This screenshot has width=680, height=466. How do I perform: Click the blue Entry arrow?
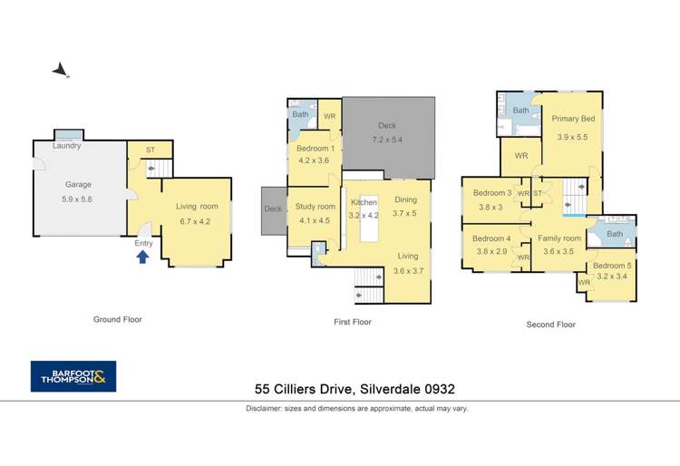tap(142, 257)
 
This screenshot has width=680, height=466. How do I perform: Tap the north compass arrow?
tap(60, 70)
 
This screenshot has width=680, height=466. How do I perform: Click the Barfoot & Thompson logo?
tap(73, 376)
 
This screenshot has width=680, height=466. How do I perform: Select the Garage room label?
tap(79, 184)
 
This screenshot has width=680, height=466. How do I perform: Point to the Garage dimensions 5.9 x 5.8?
tap(77, 199)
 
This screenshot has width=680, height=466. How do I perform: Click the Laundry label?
tap(67, 146)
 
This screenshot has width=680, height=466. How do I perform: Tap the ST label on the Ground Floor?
tap(151, 150)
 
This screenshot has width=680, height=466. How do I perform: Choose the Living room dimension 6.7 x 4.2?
tap(195, 221)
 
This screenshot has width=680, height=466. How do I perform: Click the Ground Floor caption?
tap(118, 319)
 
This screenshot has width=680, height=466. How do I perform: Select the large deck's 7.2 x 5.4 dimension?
tap(387, 140)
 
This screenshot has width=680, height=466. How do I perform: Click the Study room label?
tap(316, 207)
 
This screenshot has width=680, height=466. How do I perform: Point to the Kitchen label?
tap(364, 202)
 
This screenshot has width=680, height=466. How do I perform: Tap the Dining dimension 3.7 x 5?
tap(404, 213)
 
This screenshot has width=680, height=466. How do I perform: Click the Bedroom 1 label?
tap(316, 149)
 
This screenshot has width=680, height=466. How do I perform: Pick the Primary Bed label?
tap(573, 119)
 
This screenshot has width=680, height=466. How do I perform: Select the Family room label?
tap(559, 238)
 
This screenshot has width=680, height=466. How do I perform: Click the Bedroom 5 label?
tap(612, 266)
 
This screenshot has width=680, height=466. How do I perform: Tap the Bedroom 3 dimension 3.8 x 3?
tap(491, 208)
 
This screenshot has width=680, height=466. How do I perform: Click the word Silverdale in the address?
tap(390, 389)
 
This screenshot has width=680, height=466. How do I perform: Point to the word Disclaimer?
tap(264, 408)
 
